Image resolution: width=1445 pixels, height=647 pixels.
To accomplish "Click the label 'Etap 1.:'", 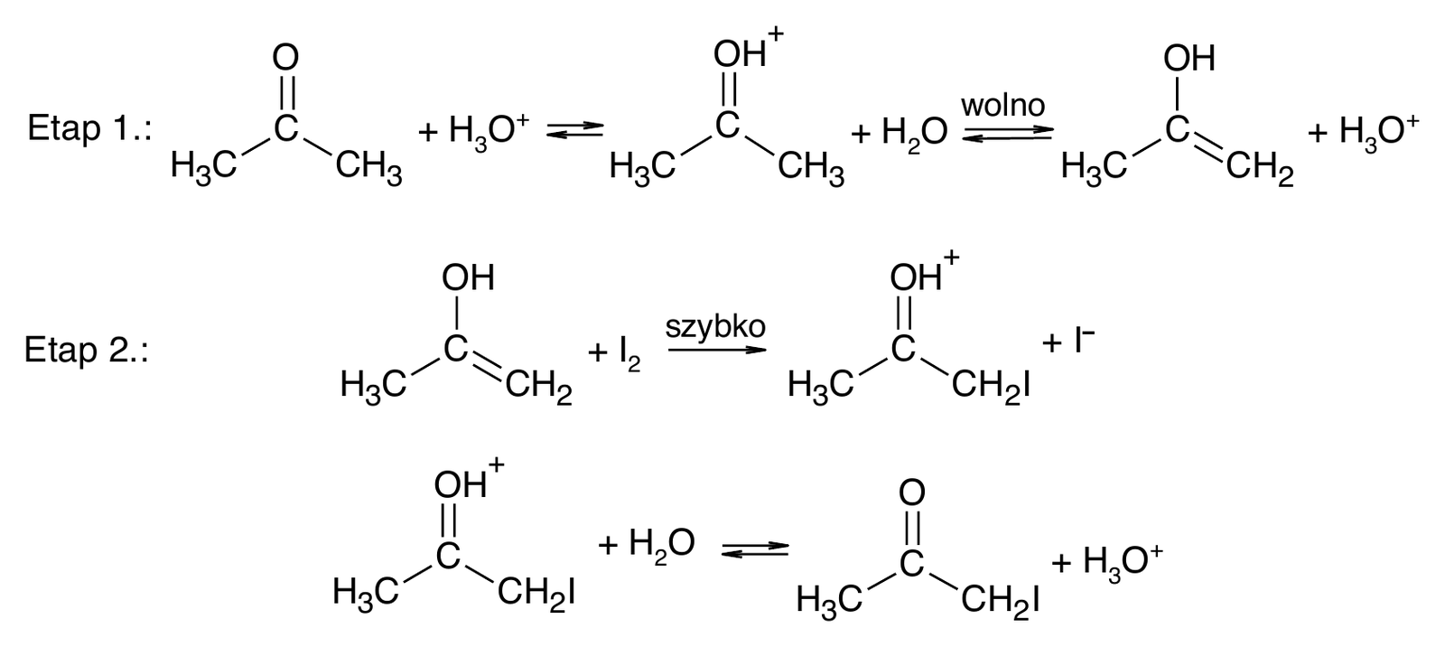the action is [x=89, y=128].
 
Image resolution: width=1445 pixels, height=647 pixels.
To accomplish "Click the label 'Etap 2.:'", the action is [x=87, y=351].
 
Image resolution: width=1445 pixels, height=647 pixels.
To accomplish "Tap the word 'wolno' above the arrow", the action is [x=1003, y=105].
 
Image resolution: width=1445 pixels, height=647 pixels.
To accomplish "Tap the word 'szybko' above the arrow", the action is [x=715, y=327].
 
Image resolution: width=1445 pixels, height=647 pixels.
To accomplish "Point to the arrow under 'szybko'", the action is [x=717, y=351].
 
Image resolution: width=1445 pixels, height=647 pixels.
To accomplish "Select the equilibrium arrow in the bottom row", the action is [x=755, y=549].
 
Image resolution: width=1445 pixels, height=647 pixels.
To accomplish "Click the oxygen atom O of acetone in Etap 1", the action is [x=285, y=58].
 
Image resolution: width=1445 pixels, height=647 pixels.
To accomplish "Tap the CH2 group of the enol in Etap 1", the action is [x=1260, y=170].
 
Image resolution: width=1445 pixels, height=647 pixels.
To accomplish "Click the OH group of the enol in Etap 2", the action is [x=468, y=277].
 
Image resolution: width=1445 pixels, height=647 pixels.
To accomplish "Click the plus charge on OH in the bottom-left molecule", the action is [x=496, y=464].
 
